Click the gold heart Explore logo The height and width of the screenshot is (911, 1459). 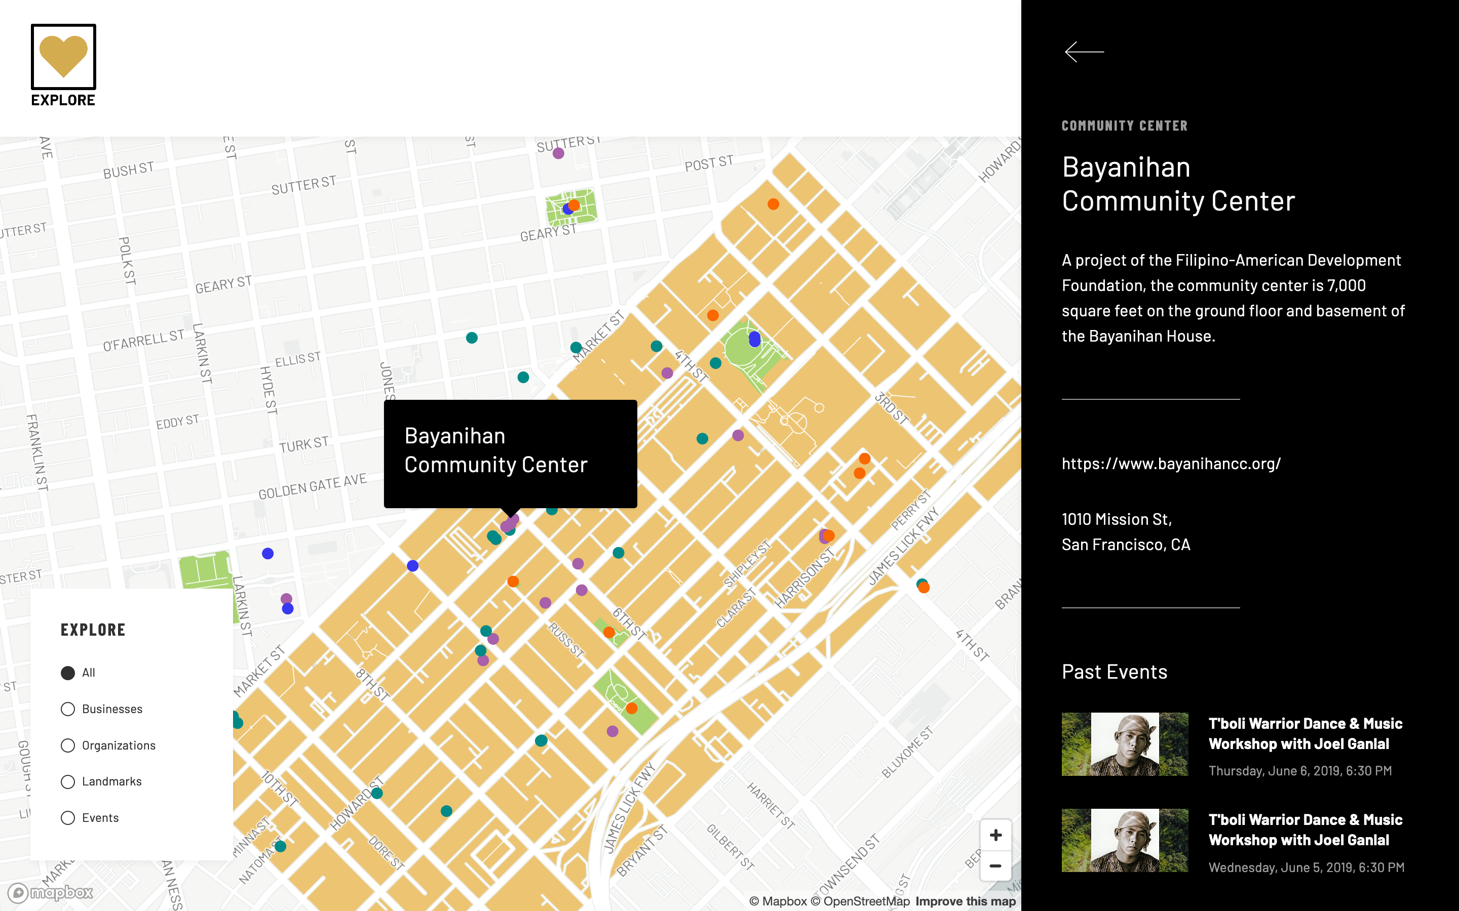pyautogui.click(x=63, y=57)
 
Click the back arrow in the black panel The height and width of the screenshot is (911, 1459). pyautogui.click(x=1084, y=52)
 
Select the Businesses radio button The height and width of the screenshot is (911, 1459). pyautogui.click(x=68, y=709)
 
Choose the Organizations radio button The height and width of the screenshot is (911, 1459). pyautogui.click(x=68, y=746)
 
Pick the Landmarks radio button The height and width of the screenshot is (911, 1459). pyautogui.click(x=68, y=781)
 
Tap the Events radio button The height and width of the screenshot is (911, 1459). pyautogui.click(x=68, y=817)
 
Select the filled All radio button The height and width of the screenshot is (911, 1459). pyautogui.click(x=68, y=673)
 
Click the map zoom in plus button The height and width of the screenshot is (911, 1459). pyautogui.click(x=995, y=835)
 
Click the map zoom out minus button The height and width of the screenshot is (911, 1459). pyautogui.click(x=995, y=866)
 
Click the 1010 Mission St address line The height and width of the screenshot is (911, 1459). pyautogui.click(x=1117, y=519)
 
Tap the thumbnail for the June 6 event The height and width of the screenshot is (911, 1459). pyautogui.click(x=1125, y=744)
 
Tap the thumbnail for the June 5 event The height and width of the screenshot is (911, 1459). pyautogui.click(x=1125, y=840)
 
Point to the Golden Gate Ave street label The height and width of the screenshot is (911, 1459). pyautogui.click(x=312, y=487)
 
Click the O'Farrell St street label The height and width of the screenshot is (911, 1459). pyautogui.click(x=143, y=341)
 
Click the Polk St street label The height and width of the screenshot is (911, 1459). pyautogui.click(x=127, y=260)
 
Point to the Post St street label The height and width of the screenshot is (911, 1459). pyautogui.click(x=709, y=162)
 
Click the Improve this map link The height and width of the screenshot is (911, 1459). pyautogui.click(x=965, y=901)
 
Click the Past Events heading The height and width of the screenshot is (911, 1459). pyautogui.click(x=1114, y=672)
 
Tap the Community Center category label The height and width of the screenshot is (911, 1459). pyautogui.click(x=1125, y=126)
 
